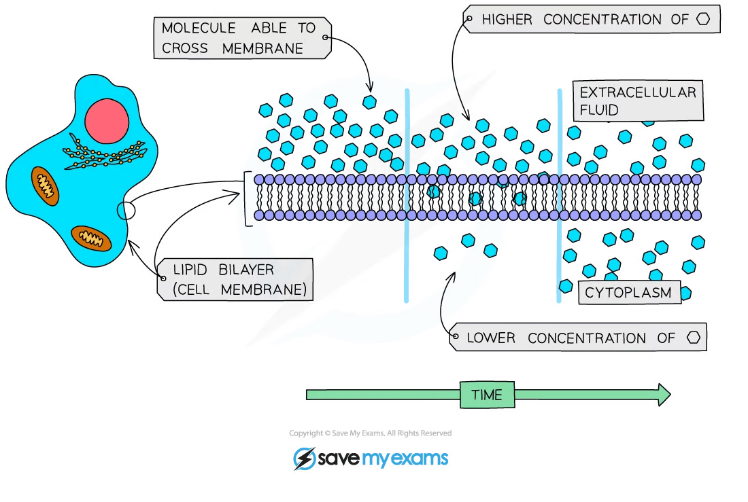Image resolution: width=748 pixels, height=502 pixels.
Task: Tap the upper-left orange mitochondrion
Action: tap(45, 184)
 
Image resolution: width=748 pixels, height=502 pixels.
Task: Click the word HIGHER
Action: tap(507, 20)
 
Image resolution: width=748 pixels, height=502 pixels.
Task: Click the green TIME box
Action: tap(487, 395)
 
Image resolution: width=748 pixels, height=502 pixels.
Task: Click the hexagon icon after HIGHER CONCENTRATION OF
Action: tap(704, 20)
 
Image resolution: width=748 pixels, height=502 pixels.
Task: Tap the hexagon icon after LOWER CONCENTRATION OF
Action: tap(693, 338)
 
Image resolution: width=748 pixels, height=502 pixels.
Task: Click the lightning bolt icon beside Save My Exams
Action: tap(303, 459)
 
